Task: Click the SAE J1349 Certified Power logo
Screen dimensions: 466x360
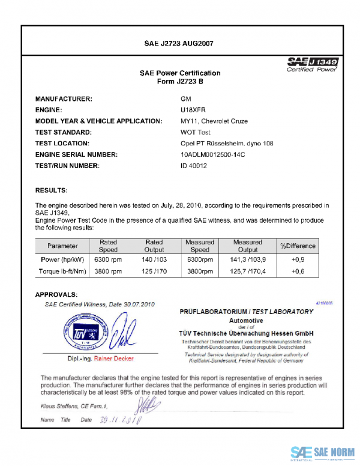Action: pyautogui.click(x=313, y=65)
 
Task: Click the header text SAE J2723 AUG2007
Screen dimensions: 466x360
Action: pyautogui.click(x=179, y=43)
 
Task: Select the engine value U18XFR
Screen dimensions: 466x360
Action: pyautogui.click(x=193, y=109)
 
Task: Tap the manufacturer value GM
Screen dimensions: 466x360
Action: pyautogui.click(x=186, y=98)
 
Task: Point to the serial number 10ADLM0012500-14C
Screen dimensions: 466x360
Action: pyautogui.click(x=213, y=154)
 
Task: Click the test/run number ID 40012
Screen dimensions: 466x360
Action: pyautogui.click(x=194, y=166)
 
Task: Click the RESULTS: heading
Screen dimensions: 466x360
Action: pyautogui.click(x=51, y=190)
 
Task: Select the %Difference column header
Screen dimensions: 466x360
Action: pyautogui.click(x=297, y=246)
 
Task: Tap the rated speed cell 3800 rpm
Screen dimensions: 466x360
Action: pyautogui.click(x=108, y=271)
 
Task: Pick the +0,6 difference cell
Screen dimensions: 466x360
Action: pyautogui.click(x=297, y=271)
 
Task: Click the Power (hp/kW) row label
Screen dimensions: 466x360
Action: pyautogui.click(x=62, y=260)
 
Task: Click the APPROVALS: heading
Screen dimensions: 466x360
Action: pyautogui.click(x=56, y=295)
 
